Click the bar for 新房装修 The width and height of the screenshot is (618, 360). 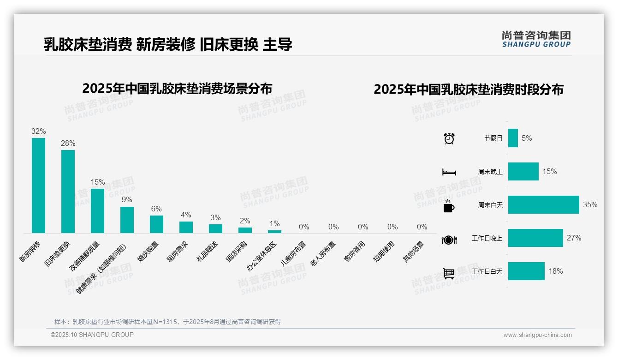(x=38, y=185)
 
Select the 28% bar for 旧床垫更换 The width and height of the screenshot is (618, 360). (x=68, y=191)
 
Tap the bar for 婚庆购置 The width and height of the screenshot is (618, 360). (x=156, y=224)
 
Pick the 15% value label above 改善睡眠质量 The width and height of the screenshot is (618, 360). (x=98, y=182)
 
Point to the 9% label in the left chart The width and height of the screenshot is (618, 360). (x=127, y=199)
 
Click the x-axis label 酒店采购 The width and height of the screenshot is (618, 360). (x=237, y=252)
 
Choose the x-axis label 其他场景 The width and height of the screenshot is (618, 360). (x=414, y=252)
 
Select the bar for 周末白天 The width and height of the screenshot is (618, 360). (x=543, y=204)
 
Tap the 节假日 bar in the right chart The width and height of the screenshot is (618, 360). (x=513, y=138)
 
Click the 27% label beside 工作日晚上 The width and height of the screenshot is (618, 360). (x=574, y=238)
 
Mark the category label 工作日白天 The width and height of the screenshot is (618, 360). (x=487, y=271)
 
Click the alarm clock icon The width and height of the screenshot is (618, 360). (x=449, y=138)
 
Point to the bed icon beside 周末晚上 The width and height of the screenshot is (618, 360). (x=449, y=172)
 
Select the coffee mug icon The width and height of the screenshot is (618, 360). (x=449, y=206)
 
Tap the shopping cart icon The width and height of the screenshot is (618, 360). (x=449, y=273)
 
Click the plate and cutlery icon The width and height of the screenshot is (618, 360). (x=449, y=240)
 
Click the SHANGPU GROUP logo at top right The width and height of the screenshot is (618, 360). (x=536, y=39)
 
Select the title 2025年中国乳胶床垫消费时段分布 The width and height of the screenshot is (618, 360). (x=469, y=90)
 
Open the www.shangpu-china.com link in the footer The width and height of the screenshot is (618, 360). (x=537, y=335)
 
